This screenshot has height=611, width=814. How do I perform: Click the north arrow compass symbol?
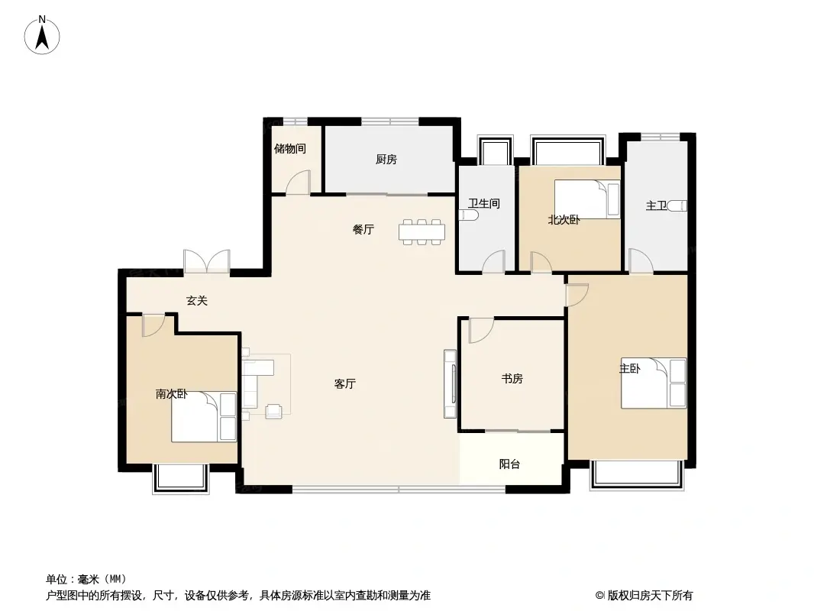pos(42,35)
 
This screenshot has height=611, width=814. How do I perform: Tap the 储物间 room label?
pos(289,149)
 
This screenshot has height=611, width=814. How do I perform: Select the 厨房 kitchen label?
pos(386,160)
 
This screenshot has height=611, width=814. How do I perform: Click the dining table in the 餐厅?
pos(422,232)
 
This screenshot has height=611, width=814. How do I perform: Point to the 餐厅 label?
pos(363,229)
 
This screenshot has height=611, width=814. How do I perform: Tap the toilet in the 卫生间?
pos(468,215)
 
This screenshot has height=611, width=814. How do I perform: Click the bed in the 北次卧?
pos(587,199)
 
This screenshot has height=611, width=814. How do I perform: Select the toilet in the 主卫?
pos(677,206)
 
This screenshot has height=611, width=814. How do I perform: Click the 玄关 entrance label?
pos(197,301)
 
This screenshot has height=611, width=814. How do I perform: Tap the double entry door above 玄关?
pos(207,261)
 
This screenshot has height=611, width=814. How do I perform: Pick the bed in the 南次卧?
pos(204,417)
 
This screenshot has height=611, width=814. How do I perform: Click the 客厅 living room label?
pos(344,384)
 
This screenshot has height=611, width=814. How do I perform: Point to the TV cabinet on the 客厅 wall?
pos(450,384)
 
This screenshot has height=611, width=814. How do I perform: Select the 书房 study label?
pos(512,379)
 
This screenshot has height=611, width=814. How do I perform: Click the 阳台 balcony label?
pos(509,464)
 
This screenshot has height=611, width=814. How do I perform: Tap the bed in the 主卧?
pos(654,383)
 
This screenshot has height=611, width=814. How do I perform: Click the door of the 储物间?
pos(298,183)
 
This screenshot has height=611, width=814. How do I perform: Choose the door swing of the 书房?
pos(481,331)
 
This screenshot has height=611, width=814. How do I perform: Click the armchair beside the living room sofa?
pos(274,411)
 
